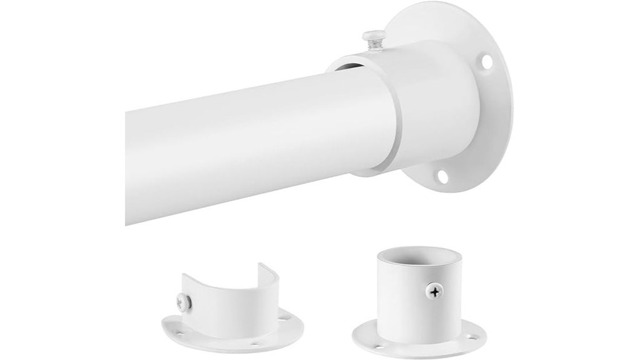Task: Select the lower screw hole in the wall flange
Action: point(443,176)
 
